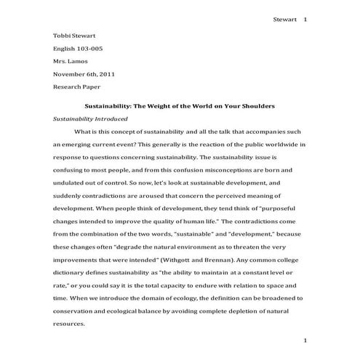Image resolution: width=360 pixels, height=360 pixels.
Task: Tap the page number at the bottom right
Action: pyautogui.click(x=305, y=340)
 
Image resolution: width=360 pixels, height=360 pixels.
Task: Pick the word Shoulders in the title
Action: pyautogui.click(x=255, y=105)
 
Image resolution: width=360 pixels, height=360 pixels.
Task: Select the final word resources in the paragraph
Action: pyautogui.click(x=70, y=324)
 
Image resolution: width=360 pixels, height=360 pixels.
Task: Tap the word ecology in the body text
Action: pyautogui.click(x=182, y=298)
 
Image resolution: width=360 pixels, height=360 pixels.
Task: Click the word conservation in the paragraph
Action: pyautogui.click(x=76, y=311)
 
